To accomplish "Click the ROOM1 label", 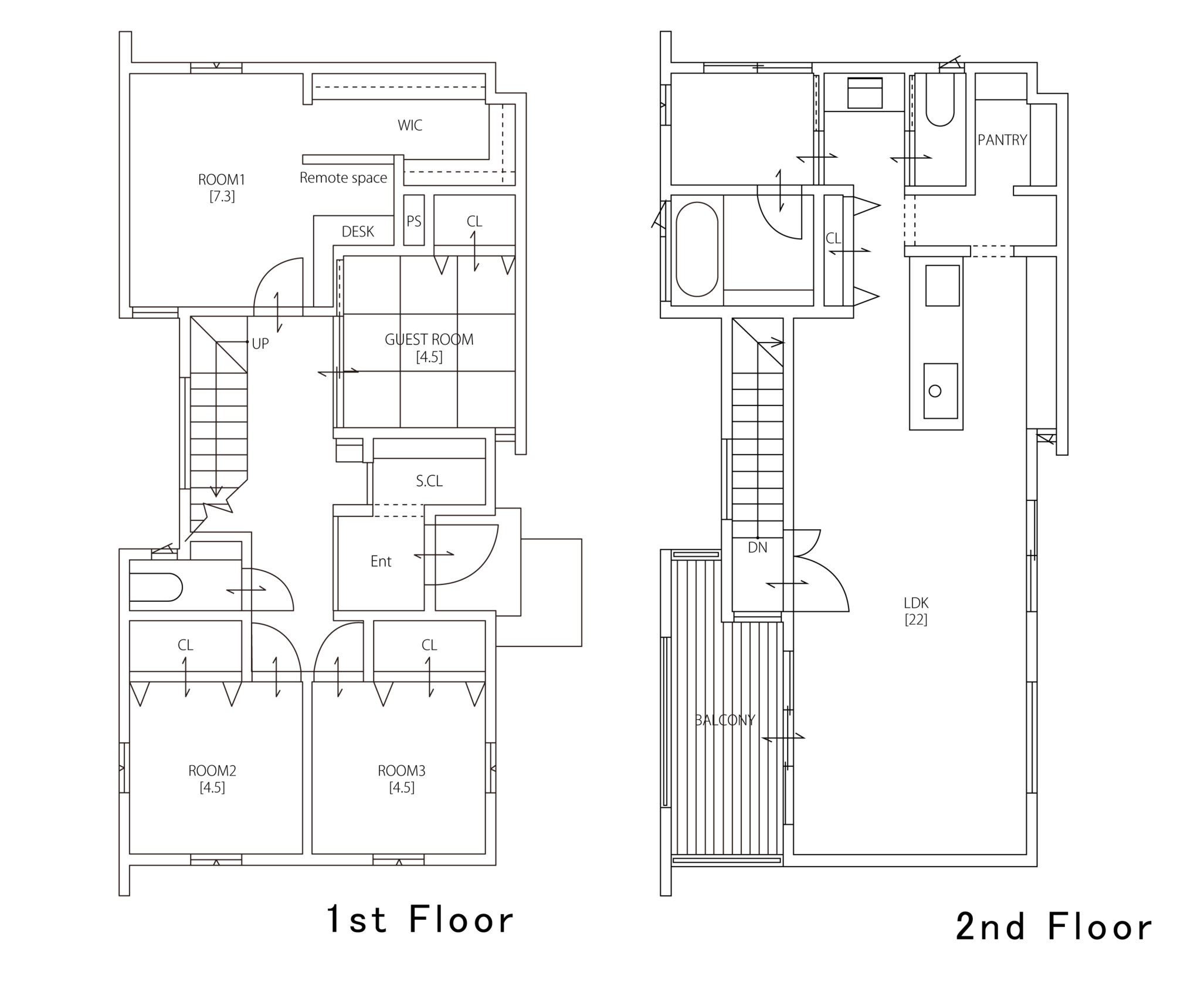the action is click(x=222, y=180).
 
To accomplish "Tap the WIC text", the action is click(x=410, y=125).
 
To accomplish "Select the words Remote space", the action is click(x=343, y=178).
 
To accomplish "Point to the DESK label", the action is click(x=358, y=232).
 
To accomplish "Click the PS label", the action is click(x=414, y=221).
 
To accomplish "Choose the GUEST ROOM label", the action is click(x=429, y=339).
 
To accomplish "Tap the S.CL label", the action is click(x=429, y=481).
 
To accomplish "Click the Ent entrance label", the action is click(x=381, y=561).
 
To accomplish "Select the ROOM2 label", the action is click(x=212, y=770).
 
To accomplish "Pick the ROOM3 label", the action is click(x=402, y=770).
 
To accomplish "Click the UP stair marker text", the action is click(x=260, y=344).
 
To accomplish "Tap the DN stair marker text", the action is click(x=758, y=548).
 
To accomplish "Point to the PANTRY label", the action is click(x=1002, y=140).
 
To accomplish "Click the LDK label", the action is click(x=916, y=603).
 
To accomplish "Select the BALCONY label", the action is click(x=725, y=720).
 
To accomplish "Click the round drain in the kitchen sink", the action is click(x=935, y=391).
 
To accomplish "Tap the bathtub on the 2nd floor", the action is click(x=697, y=249).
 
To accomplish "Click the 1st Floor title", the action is click(x=420, y=919).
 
